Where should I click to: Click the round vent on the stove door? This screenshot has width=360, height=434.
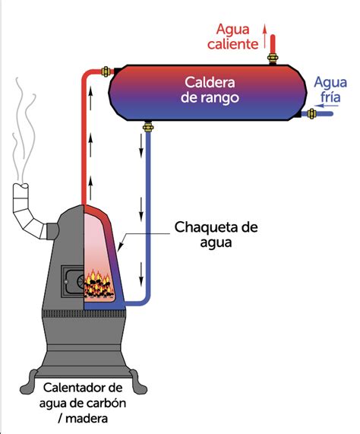coord(75,281)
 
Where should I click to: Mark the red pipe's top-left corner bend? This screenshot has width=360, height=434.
coord(84,74)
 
